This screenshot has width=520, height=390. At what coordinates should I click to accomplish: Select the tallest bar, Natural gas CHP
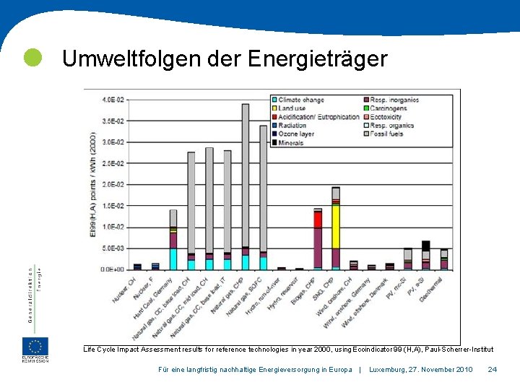pyautogui.click(x=245, y=181)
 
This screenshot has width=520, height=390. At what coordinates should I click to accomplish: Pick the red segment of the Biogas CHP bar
pyautogui.click(x=318, y=220)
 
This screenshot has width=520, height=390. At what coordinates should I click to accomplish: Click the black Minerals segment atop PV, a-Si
pyautogui.click(x=426, y=246)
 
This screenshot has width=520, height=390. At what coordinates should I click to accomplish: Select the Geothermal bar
pyautogui.click(x=444, y=260)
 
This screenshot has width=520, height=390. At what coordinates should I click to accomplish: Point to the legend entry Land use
pyautogui.click(x=292, y=108)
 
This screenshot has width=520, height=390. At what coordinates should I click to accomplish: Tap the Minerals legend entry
pyautogui.click(x=291, y=143)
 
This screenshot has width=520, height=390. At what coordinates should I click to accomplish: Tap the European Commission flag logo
pyautogui.click(x=35, y=347)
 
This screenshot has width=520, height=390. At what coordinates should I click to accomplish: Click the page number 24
pyautogui.click(x=492, y=370)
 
